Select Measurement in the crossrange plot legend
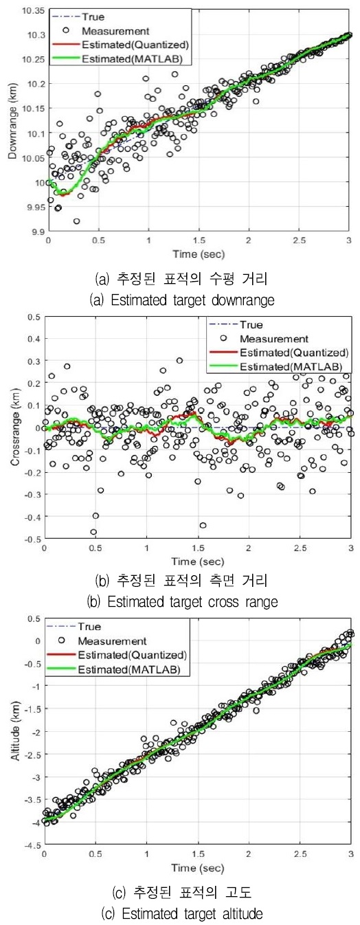(282, 338)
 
